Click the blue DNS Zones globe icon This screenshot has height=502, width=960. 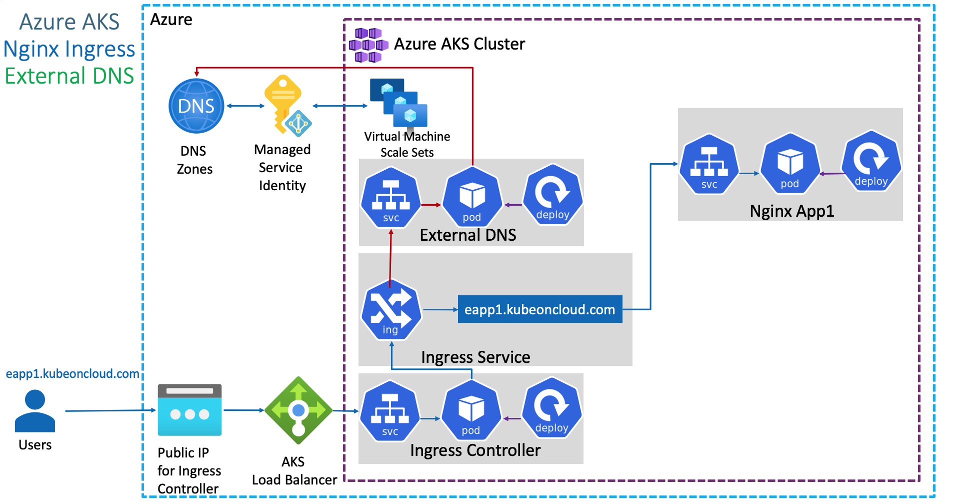pyautogui.click(x=196, y=106)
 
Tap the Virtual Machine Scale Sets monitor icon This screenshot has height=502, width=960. pyautogui.click(x=399, y=103)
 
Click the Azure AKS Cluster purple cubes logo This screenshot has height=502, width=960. pyautogui.click(x=368, y=45)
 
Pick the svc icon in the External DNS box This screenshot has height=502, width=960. pyautogui.click(x=391, y=198)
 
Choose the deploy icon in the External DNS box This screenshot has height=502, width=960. pyautogui.click(x=552, y=195)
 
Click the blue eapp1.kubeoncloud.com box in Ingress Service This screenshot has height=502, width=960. pyautogui.click(x=540, y=309)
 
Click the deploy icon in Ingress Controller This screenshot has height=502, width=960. pyautogui.click(x=551, y=408)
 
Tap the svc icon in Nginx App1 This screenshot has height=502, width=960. pyautogui.click(x=709, y=165)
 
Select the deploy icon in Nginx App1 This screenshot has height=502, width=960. pyautogui.click(x=871, y=161)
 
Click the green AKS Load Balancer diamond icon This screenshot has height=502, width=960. pyautogui.click(x=298, y=410)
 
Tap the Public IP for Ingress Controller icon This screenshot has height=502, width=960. pyautogui.click(x=189, y=410)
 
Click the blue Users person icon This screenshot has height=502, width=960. pyautogui.click(x=35, y=411)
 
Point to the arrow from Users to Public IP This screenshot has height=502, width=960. pyautogui.click(x=110, y=410)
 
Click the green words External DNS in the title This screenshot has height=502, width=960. pyautogui.click(x=69, y=76)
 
